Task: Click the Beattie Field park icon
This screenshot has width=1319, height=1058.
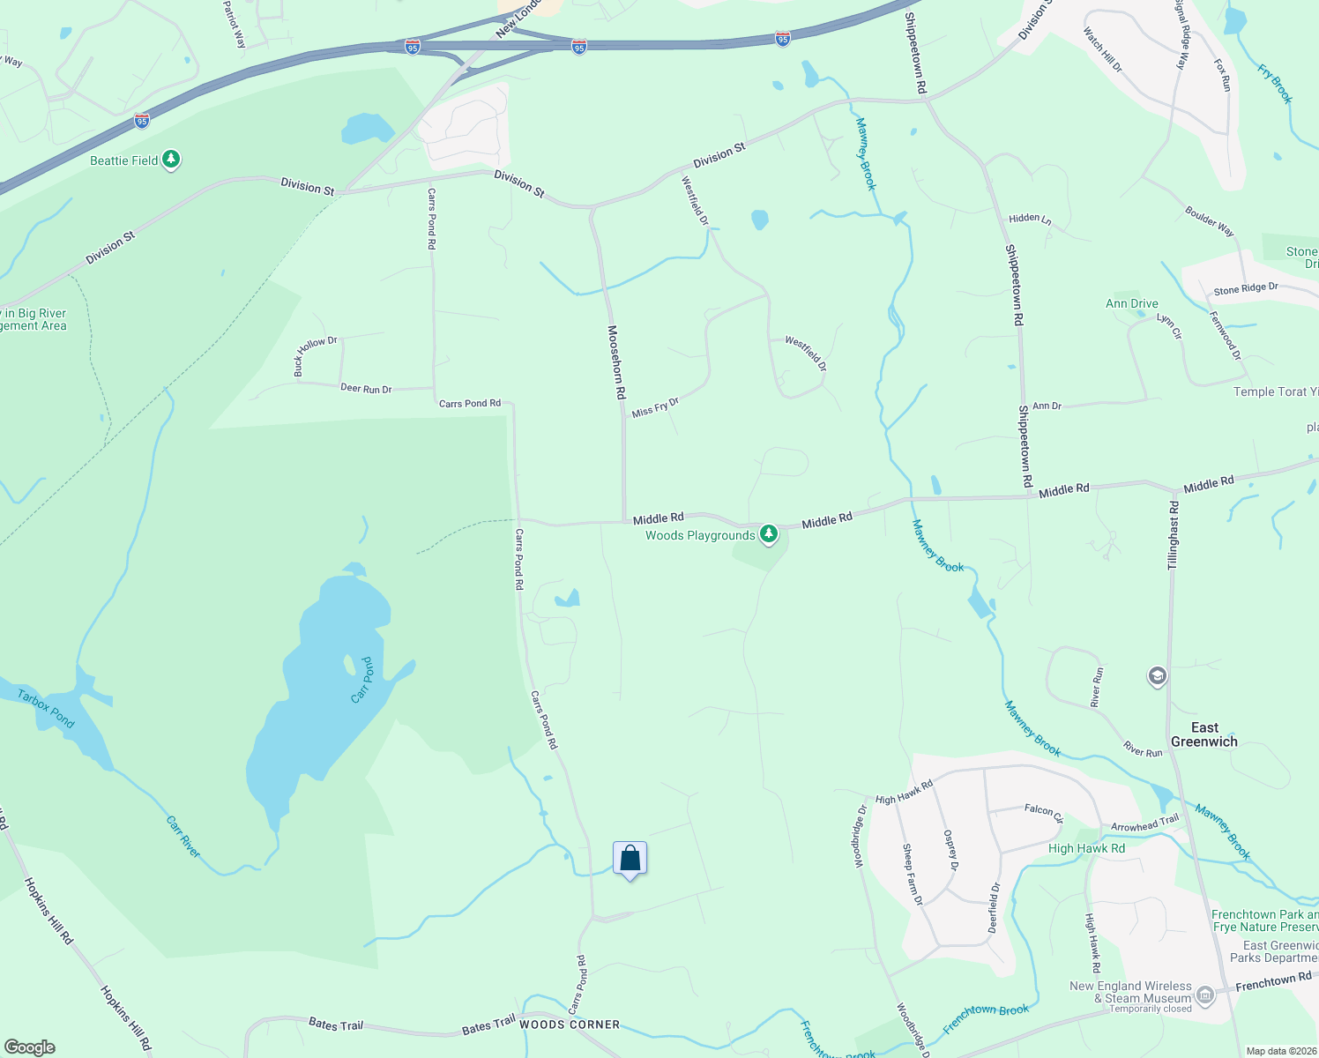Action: [172, 160]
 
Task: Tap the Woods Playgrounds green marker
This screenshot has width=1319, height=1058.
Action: [769, 533]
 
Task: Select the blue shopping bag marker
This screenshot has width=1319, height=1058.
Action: [630, 859]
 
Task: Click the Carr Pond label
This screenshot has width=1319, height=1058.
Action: [362, 680]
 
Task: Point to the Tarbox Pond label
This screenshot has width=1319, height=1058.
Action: [47, 708]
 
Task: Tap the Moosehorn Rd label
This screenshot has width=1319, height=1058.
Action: [616, 361]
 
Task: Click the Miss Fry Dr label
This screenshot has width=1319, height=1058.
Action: [655, 407]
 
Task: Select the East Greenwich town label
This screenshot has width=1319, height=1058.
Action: [1203, 734]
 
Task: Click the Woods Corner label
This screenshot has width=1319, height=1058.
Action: [570, 1024]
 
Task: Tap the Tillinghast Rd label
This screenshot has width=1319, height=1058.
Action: [1174, 535]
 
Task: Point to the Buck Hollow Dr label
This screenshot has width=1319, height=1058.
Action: [316, 354]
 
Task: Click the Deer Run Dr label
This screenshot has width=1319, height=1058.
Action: [366, 388]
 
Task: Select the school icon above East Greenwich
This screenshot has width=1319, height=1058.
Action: [1157, 676]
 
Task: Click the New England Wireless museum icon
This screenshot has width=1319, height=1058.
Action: [1205, 996]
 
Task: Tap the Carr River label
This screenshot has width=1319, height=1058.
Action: [183, 836]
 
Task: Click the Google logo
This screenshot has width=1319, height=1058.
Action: [30, 1047]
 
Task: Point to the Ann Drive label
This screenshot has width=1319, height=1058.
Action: [1132, 303]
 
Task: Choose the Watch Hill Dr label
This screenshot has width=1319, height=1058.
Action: [1103, 50]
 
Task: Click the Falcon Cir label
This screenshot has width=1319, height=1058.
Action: [1044, 811]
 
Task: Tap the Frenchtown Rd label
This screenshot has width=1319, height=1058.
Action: [1273, 980]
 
